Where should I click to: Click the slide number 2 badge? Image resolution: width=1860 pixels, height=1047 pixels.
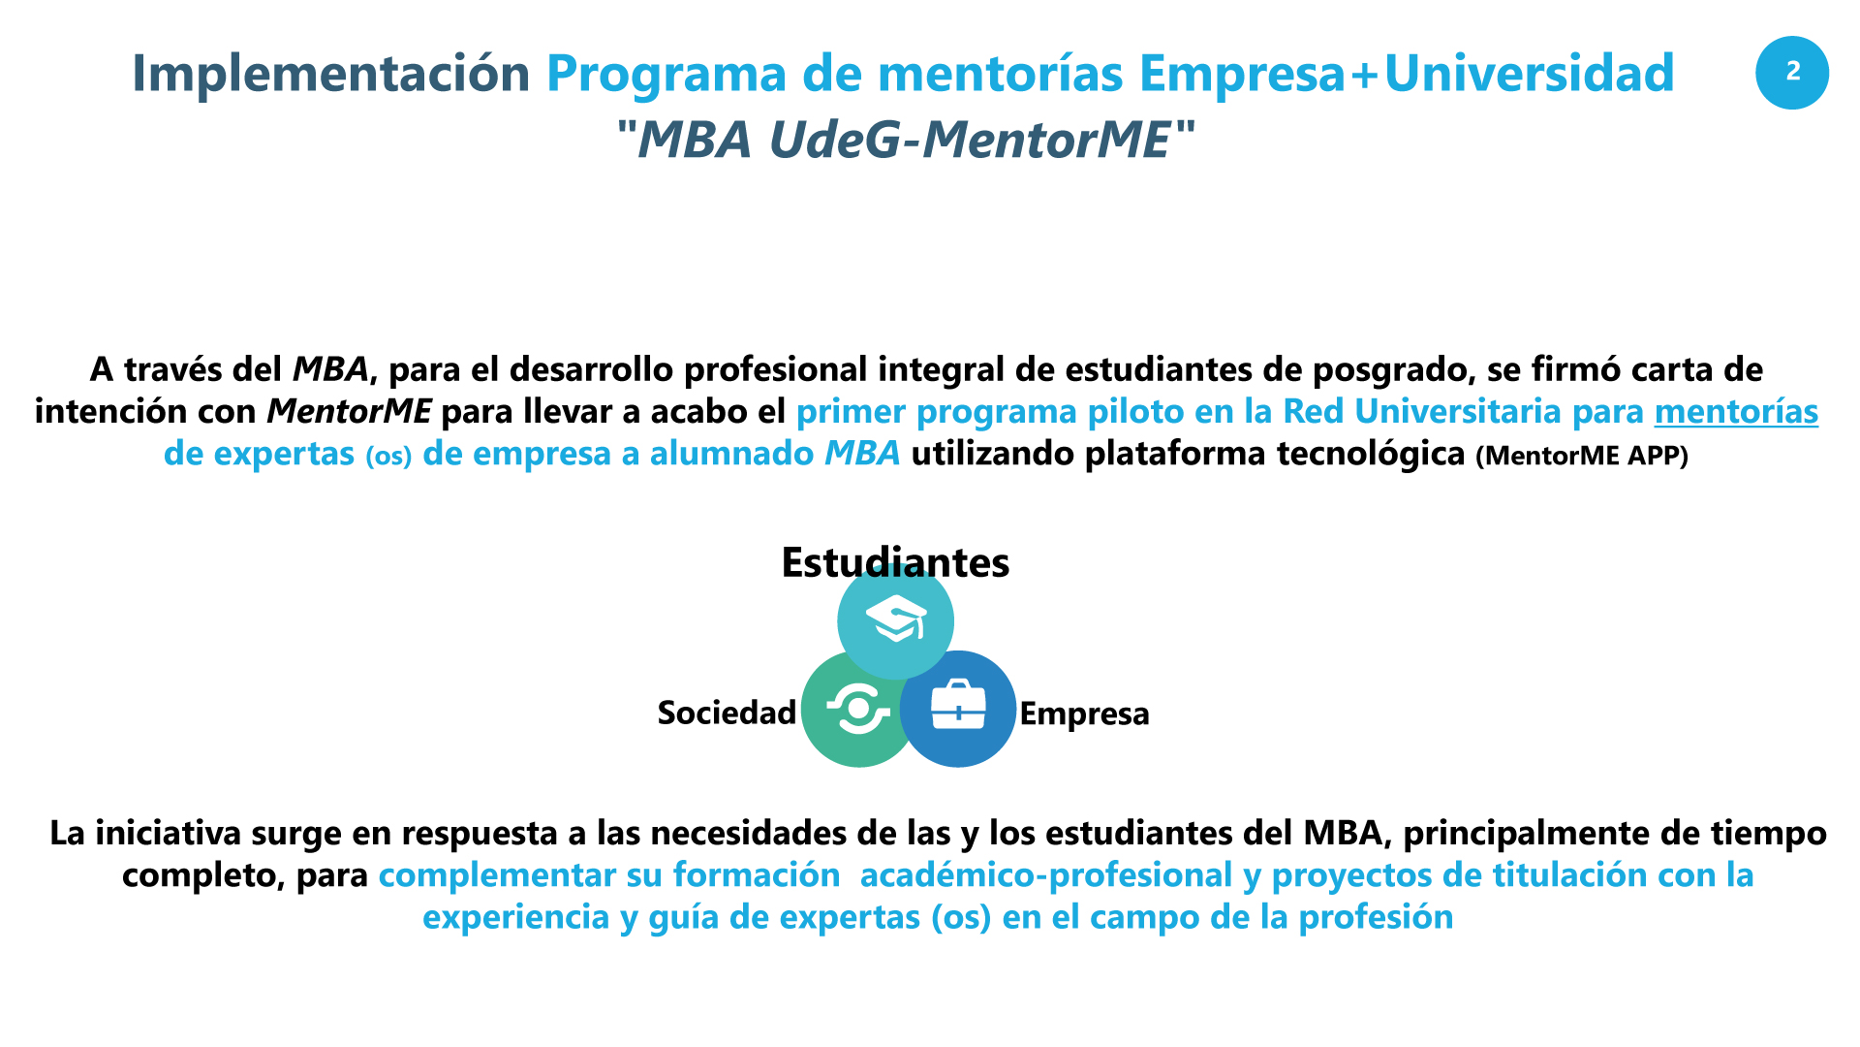coord(1792,73)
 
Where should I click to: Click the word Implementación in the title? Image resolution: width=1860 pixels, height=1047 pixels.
coord(331,75)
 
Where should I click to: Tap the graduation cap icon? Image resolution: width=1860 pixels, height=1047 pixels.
coord(896,620)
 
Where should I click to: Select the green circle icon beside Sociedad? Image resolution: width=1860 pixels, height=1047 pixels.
coord(858,709)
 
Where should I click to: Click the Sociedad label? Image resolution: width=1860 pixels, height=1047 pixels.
coord(727,713)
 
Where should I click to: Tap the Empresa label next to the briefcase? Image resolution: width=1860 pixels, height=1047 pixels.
coord(1084,714)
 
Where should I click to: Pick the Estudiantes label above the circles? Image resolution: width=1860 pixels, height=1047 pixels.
coord(895,562)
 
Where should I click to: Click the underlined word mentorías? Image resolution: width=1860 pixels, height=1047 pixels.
coord(1736,411)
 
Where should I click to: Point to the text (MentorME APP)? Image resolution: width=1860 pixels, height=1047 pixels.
coord(1582,455)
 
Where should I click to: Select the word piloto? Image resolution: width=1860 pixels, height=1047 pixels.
coord(1131,412)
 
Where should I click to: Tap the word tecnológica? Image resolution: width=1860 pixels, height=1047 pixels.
coord(1371,454)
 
